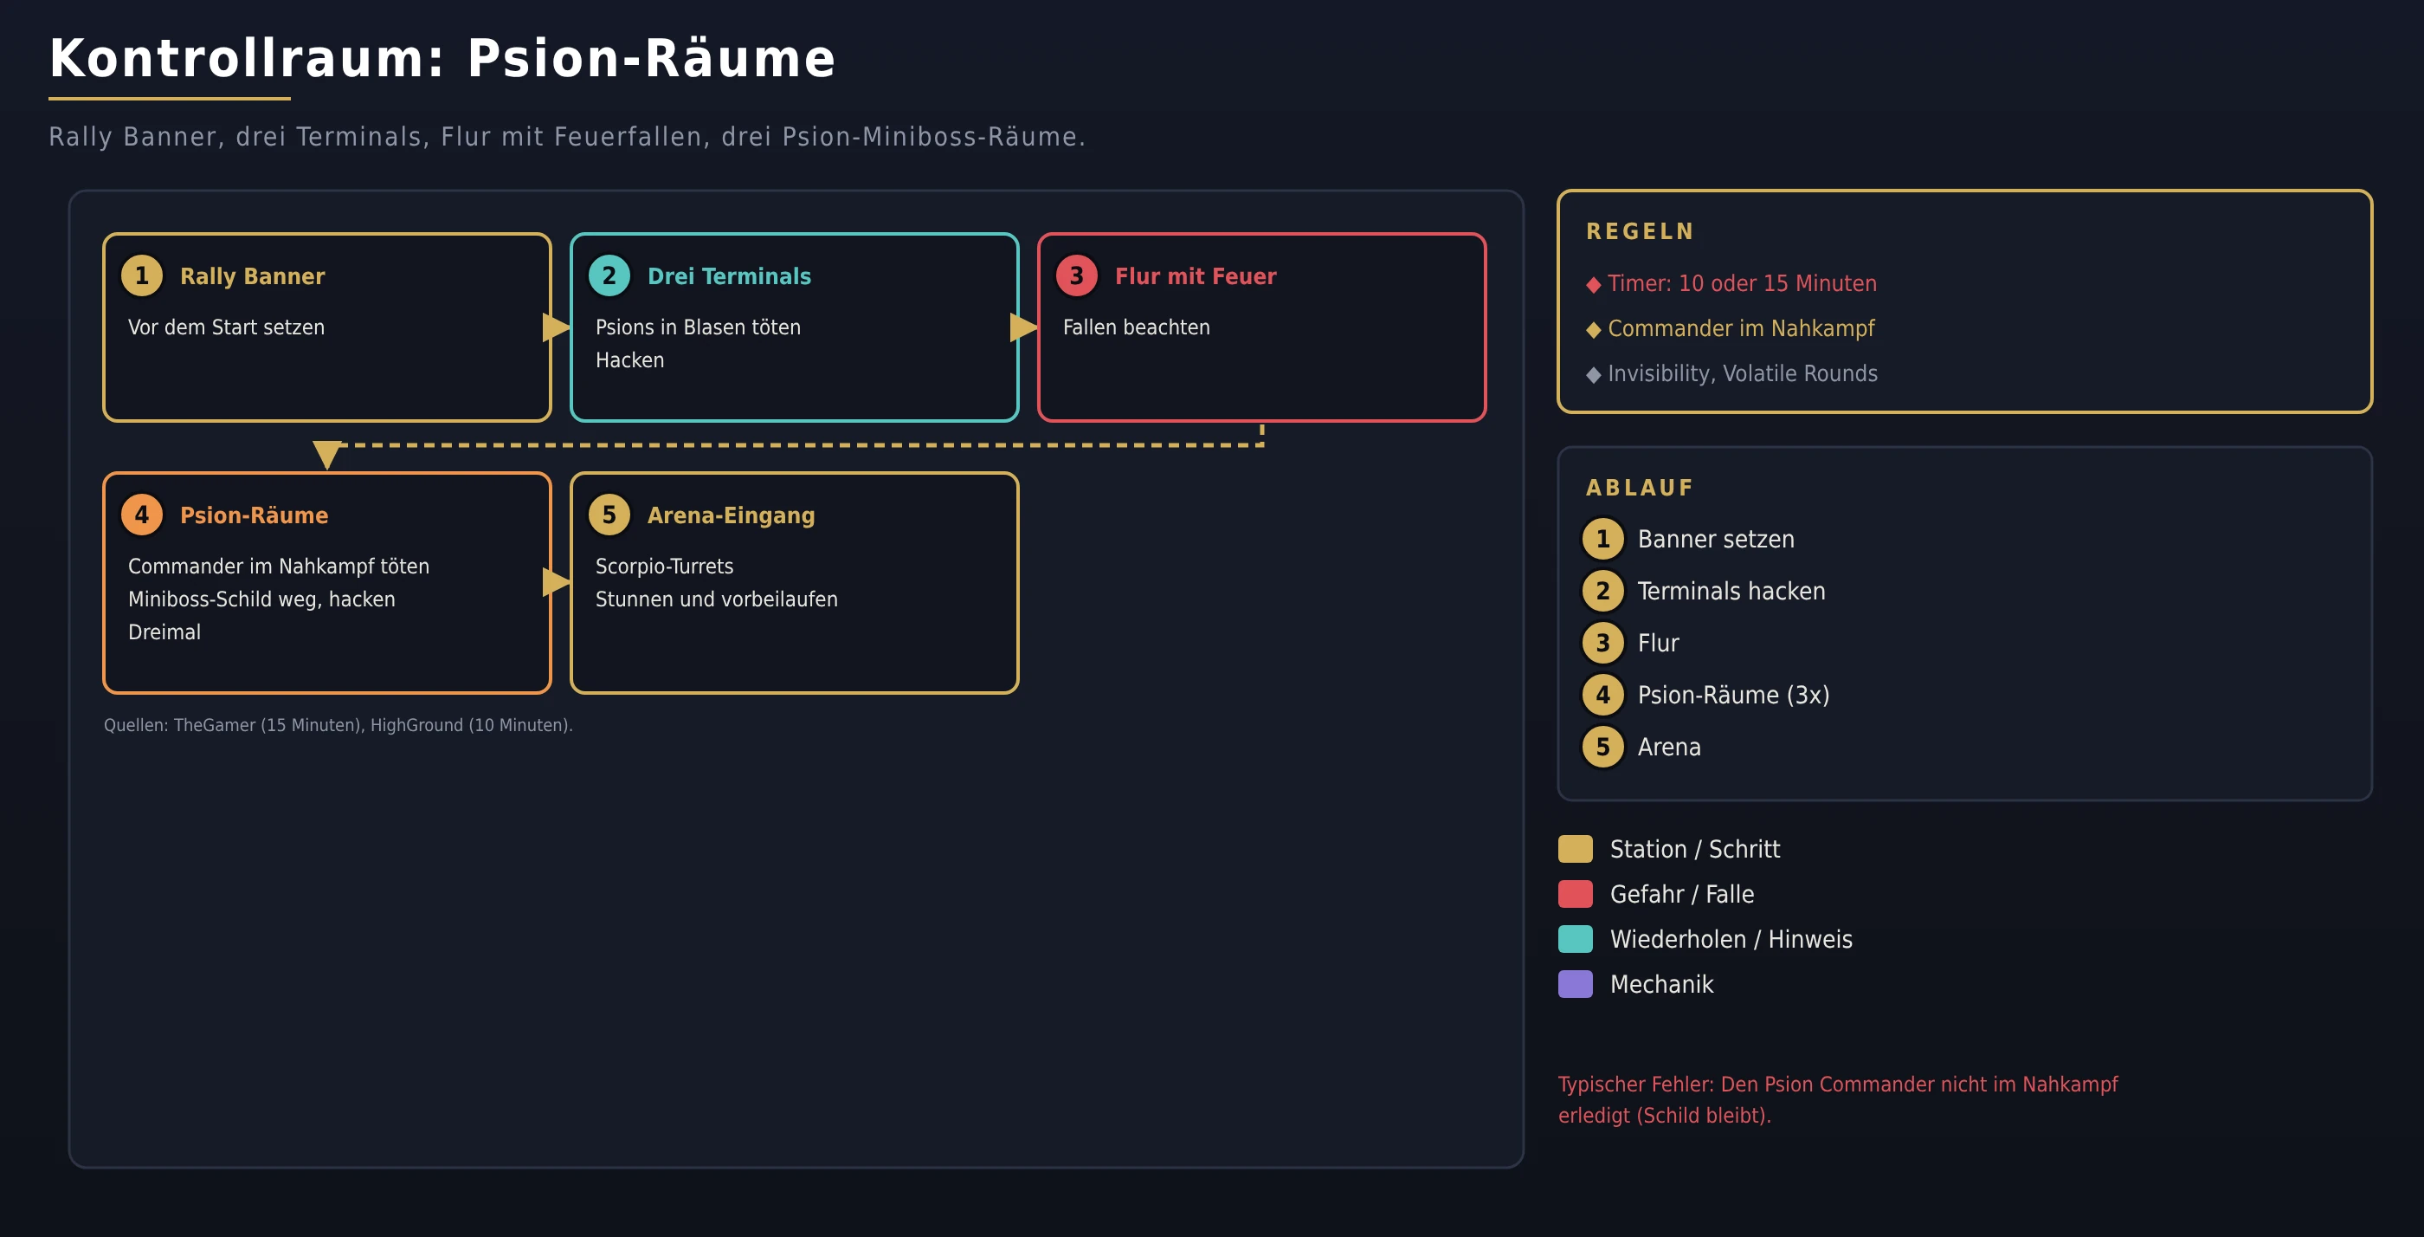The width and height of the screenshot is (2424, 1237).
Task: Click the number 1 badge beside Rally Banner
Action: click(x=142, y=275)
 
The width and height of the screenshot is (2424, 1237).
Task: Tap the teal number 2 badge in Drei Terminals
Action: click(x=609, y=275)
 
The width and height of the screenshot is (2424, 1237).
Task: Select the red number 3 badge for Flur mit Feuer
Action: click(x=1076, y=275)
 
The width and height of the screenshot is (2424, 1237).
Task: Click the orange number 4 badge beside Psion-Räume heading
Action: click(x=142, y=515)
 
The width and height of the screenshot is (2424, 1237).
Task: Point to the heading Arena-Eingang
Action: click(x=732, y=515)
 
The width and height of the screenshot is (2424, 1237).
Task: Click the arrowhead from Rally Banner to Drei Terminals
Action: click(x=556, y=327)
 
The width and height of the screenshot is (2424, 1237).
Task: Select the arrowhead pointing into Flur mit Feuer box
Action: click(x=1024, y=327)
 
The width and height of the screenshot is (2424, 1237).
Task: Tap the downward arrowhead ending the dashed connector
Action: click(x=326, y=454)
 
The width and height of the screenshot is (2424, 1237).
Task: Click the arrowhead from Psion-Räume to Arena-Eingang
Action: click(x=556, y=583)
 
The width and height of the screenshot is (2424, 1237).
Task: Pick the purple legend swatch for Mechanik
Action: click(x=1576, y=984)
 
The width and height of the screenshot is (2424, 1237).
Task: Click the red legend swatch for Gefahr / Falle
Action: click(x=1576, y=893)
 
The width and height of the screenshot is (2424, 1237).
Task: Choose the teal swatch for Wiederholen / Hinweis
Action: click(x=1576, y=938)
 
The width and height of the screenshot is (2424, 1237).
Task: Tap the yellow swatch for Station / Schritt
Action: click(x=1576, y=848)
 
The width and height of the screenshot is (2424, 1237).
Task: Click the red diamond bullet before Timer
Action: click(x=1593, y=284)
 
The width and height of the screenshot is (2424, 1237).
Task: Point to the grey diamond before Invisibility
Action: click(x=1593, y=375)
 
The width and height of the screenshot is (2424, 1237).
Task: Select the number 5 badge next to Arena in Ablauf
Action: click(x=1602, y=747)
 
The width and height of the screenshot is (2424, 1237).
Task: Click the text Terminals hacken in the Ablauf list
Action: click(x=1731, y=591)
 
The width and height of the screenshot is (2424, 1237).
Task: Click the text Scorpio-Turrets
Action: click(x=664, y=566)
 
